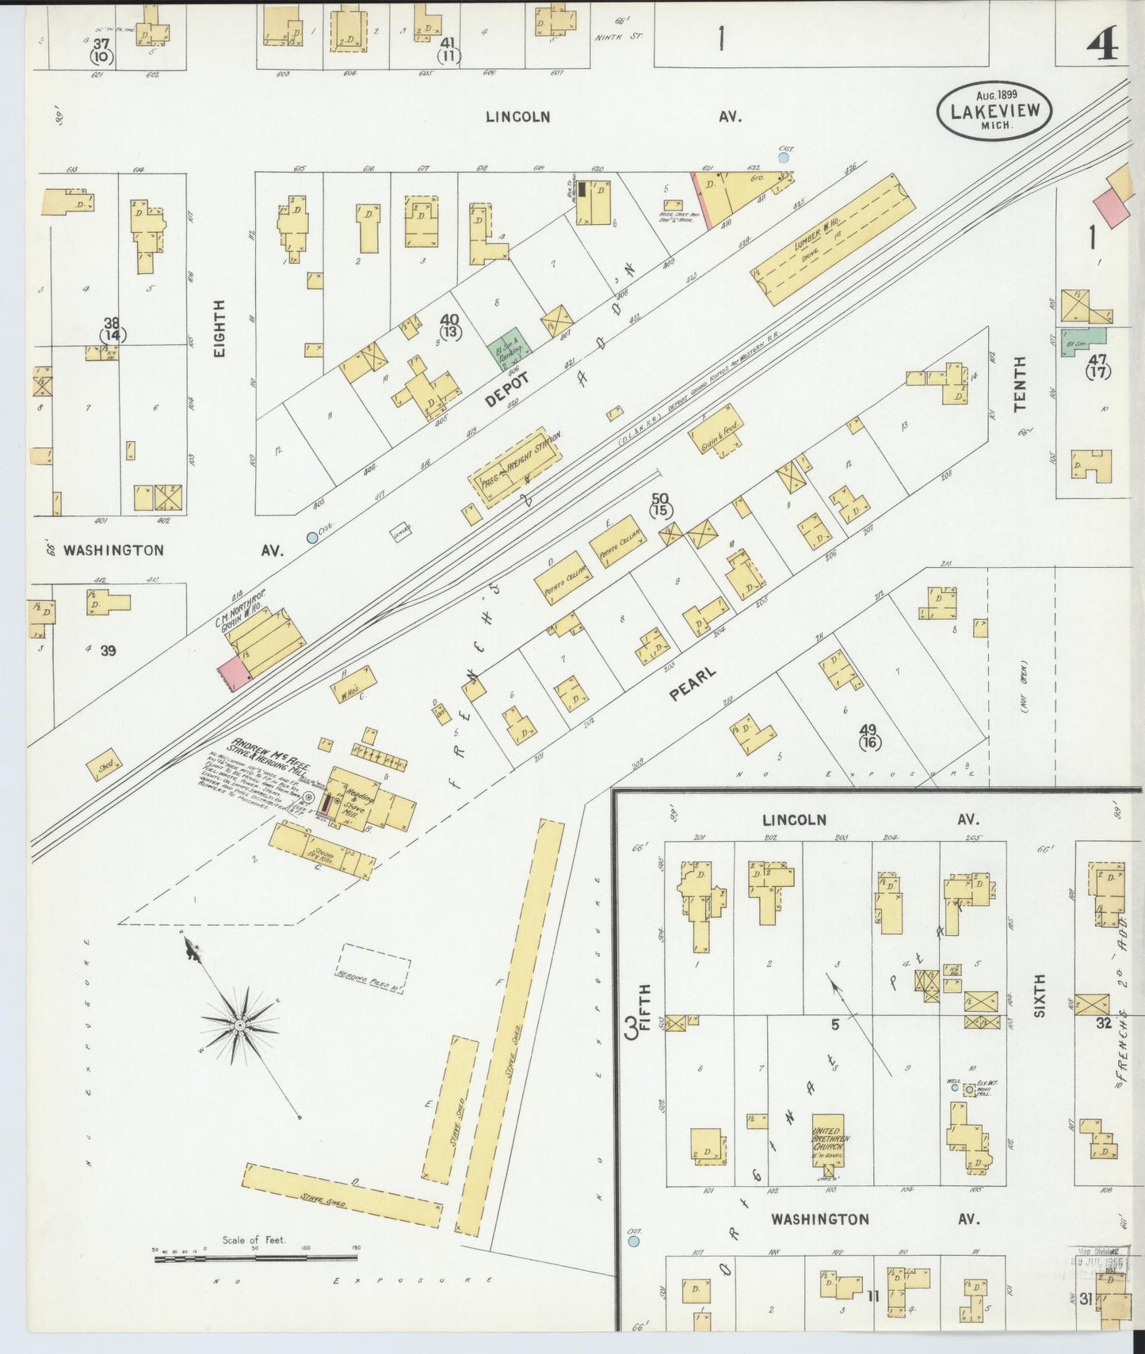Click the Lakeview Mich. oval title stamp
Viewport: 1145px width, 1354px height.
tap(994, 111)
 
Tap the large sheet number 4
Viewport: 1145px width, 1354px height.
tap(1102, 43)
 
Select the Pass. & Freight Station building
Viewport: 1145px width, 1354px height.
tap(517, 468)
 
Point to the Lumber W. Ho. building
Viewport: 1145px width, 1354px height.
tap(832, 239)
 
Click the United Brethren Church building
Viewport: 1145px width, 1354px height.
tap(830, 1141)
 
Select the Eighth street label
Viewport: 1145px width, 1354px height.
tap(219, 328)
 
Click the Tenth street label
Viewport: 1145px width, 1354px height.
tap(1019, 383)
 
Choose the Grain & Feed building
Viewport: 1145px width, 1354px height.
tap(716, 430)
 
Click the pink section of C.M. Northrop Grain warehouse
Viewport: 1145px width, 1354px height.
tap(234, 671)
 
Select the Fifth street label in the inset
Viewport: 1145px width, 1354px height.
tap(644, 1007)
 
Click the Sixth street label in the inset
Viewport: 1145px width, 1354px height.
tap(1039, 995)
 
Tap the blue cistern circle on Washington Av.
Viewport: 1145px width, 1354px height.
tap(312, 538)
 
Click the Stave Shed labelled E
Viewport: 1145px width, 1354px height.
tap(450, 1109)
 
